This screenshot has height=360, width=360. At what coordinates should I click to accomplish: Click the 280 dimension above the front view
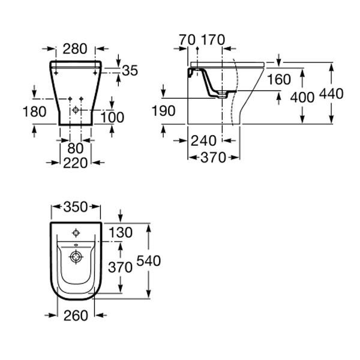pyautogui.click(x=75, y=49)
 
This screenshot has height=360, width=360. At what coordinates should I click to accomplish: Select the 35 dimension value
pyautogui.click(x=130, y=70)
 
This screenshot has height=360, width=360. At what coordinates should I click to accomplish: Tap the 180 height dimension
pyautogui.click(x=35, y=112)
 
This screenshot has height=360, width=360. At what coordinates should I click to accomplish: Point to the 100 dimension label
pyautogui.click(x=112, y=118)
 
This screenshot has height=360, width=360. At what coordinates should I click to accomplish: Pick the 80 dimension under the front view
pyautogui.click(x=76, y=148)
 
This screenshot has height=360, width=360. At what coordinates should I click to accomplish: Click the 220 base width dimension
pyautogui.click(x=76, y=163)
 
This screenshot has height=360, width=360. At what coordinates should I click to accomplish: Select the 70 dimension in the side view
pyautogui.click(x=187, y=40)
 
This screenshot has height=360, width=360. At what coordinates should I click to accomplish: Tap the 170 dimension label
pyautogui.click(x=213, y=40)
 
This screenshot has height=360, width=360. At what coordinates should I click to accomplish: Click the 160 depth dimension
pyautogui.click(x=279, y=79)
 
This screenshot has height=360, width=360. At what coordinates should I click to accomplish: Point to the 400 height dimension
pyautogui.click(x=302, y=97)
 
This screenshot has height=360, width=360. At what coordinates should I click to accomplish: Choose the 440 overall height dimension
pyautogui.click(x=332, y=94)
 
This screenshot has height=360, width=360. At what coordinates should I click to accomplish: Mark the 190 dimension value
pyautogui.click(x=164, y=111)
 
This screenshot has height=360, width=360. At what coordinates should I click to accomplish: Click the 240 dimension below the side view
pyautogui.click(x=203, y=140)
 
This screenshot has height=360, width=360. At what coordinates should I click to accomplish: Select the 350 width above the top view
pyautogui.click(x=76, y=206)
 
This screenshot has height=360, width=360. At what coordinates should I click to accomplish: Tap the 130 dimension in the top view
pyautogui.click(x=121, y=232)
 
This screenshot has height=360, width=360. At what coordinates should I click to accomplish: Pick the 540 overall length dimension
pyautogui.click(x=149, y=261)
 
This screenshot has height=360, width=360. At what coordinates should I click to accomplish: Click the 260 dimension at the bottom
pyautogui.click(x=76, y=316)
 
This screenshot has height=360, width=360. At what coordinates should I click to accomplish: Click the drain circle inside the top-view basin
pyautogui.click(x=76, y=257)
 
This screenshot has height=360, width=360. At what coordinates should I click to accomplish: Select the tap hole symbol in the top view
pyautogui.click(x=76, y=233)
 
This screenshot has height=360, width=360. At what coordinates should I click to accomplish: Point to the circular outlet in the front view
pyautogui.click(x=76, y=110)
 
